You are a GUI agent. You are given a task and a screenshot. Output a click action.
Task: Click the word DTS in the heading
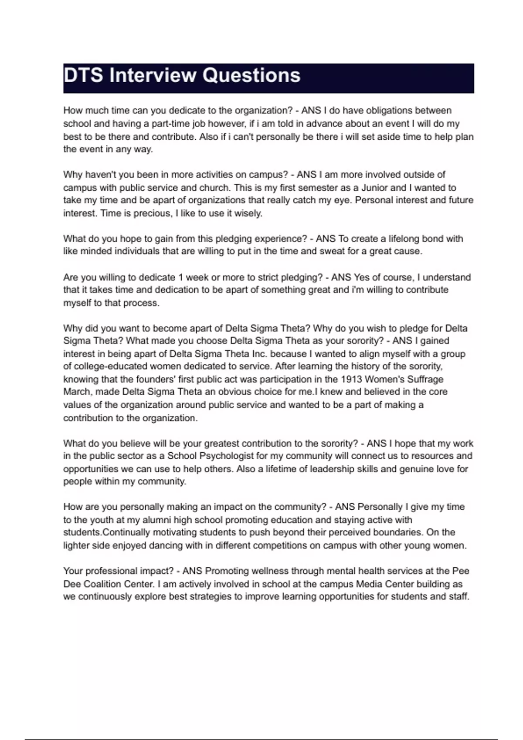tap(83, 75)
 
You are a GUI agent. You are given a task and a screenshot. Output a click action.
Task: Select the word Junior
tap(374, 188)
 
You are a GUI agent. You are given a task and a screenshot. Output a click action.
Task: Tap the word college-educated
tap(115, 367)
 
